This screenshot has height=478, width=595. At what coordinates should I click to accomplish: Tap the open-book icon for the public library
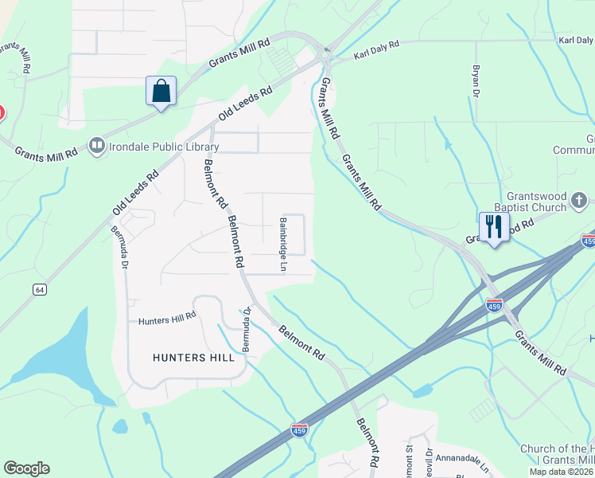pos(97,145)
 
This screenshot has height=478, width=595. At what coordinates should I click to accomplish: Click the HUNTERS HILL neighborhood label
pos(193,358)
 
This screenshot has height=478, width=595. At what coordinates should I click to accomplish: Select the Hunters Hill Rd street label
pos(167,321)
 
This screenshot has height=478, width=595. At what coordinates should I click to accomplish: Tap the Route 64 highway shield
pos(39,289)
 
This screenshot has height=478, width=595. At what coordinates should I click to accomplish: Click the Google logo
pos(26,468)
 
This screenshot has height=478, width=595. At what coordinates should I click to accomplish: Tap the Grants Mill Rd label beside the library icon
pos(45,151)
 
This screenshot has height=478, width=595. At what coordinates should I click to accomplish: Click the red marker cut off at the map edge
pos(2,115)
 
